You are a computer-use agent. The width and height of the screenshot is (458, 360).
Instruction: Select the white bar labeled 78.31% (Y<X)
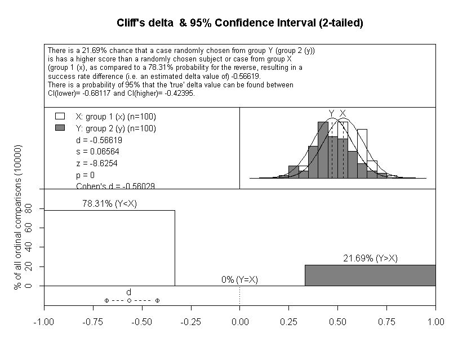click(109, 248)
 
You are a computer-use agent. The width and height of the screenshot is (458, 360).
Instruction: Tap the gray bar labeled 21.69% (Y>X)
click(370, 275)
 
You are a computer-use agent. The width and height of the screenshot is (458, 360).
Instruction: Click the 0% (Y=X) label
click(239, 279)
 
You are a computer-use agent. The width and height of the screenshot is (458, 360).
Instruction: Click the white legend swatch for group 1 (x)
click(59, 117)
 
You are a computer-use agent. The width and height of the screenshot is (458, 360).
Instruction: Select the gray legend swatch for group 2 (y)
click(59, 128)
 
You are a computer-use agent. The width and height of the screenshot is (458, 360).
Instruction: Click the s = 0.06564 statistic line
click(97, 152)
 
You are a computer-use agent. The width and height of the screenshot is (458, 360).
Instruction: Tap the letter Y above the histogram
click(331, 113)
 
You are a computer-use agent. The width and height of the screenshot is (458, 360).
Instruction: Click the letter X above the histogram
click(343, 113)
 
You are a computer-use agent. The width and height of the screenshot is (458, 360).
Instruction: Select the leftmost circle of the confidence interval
click(106, 300)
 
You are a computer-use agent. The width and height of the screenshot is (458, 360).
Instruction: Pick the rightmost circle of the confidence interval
click(157, 300)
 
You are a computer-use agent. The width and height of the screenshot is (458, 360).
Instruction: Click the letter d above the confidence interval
click(128, 292)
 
